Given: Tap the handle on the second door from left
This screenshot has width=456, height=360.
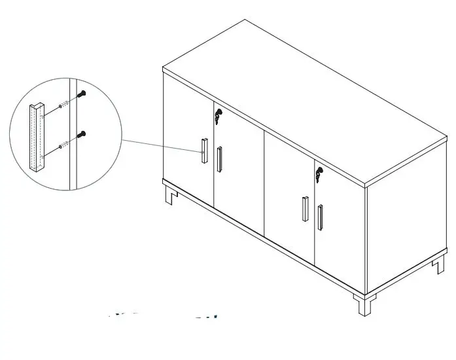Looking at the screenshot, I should tap(219, 159).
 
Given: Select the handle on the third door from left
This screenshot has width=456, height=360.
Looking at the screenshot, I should tap(305, 209).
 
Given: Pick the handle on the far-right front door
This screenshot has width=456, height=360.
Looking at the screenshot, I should tap(320, 218).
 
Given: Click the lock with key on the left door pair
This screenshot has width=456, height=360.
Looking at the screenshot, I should tap(217, 117).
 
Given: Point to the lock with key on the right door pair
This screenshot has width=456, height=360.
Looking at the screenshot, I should tap(319, 175).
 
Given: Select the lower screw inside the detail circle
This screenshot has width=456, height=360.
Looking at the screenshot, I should tap(82, 135).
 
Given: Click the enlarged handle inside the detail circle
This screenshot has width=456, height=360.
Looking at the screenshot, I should tap(35, 138).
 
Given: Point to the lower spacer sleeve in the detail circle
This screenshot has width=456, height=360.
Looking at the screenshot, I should tap(61, 146).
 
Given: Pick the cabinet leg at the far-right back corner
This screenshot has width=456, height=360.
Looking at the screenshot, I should tap(438, 265).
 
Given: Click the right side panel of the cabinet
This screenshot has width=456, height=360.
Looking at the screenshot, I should tap(406, 216).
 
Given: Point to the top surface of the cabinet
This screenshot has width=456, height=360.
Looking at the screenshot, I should tap(307, 98).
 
